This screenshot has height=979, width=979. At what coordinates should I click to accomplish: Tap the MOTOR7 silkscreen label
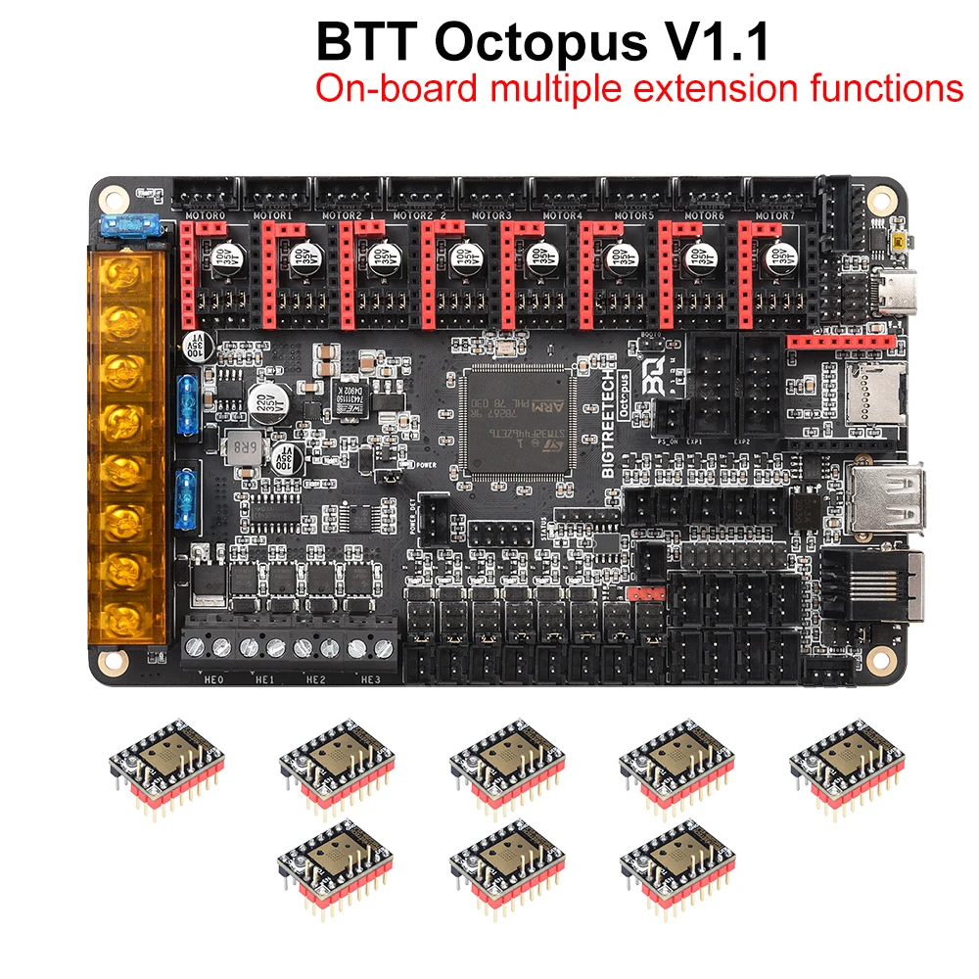[775, 214]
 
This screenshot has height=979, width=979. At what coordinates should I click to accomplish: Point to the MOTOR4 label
[562, 214]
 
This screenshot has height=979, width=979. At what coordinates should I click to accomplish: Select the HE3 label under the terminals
[370, 677]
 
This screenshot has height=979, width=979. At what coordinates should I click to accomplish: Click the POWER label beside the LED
[426, 467]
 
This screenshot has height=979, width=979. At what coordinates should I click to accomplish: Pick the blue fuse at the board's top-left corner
[127, 226]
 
